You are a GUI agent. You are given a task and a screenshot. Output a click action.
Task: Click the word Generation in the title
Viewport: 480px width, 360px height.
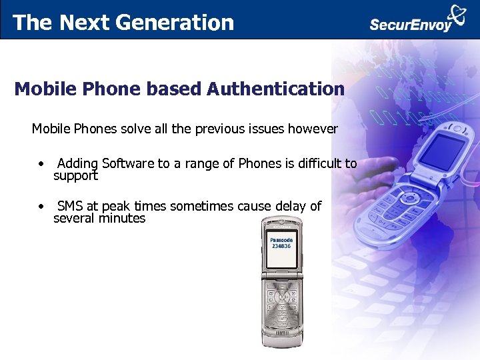[175, 23]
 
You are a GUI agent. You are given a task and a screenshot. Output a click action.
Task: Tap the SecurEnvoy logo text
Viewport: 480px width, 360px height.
[411, 25]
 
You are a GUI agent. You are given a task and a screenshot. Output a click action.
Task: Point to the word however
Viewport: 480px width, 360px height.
[313, 129]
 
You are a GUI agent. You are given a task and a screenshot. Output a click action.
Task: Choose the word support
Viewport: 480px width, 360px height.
[75, 176]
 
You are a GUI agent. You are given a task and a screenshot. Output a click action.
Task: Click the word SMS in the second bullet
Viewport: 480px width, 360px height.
[69, 207]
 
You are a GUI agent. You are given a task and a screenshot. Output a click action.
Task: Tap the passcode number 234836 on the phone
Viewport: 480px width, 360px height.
[281, 246]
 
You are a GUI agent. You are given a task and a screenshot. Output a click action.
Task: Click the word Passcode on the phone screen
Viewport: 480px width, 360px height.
[281, 239]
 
